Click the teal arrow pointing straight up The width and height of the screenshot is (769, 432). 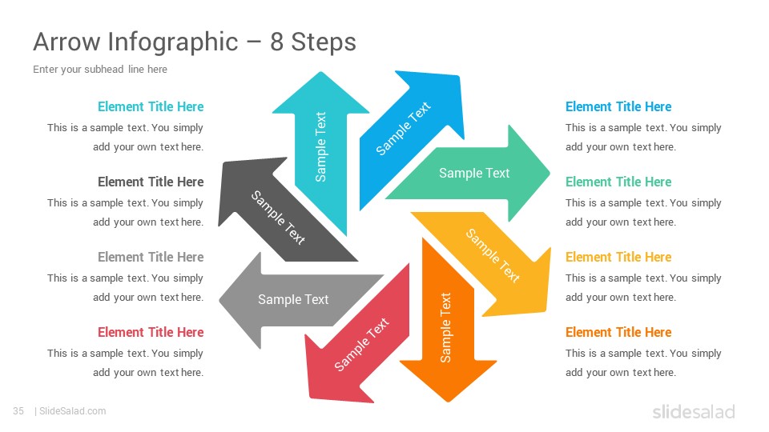[x=320, y=147]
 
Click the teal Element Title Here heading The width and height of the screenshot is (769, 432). [x=151, y=106]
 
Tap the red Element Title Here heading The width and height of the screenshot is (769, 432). [x=151, y=332]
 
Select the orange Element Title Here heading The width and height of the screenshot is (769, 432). [x=618, y=332]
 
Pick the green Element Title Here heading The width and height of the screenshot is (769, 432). [x=618, y=182]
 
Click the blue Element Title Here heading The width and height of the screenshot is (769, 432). [x=618, y=106]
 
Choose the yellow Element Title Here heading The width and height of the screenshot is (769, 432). [x=618, y=257]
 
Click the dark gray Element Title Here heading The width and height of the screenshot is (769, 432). [x=151, y=182]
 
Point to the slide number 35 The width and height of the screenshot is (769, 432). [x=18, y=411]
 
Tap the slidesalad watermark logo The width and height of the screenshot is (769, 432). [x=694, y=411]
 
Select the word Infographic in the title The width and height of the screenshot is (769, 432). [x=173, y=42]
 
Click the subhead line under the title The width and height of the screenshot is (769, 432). [x=100, y=69]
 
